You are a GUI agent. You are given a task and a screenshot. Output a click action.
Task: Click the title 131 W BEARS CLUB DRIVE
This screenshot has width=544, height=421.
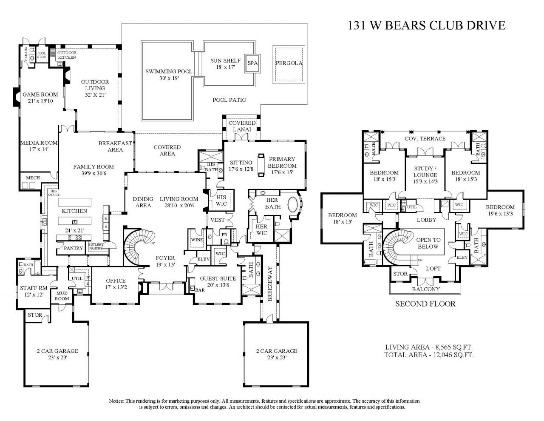pyautogui.click(x=427, y=25)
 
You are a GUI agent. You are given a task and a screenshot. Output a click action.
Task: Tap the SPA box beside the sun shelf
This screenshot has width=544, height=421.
pyautogui.click(x=253, y=63)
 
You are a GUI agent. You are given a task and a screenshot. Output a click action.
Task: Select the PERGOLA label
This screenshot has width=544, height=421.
pyautogui.click(x=289, y=63)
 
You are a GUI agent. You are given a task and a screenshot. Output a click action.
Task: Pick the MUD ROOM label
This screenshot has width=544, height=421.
pyautogui.click(x=62, y=296)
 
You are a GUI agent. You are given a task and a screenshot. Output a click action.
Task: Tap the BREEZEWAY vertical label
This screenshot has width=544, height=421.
pyautogui.click(x=269, y=284)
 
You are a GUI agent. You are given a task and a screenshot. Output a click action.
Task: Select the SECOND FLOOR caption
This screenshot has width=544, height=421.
pyautogui.click(x=425, y=304)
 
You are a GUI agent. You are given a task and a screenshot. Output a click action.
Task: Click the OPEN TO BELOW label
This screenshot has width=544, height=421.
pyautogui.click(x=428, y=243)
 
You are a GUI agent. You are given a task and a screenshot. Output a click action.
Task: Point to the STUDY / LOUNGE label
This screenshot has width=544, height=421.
pyautogui.click(x=425, y=175)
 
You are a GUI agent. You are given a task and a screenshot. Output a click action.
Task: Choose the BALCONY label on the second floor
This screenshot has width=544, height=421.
pyautogui.click(x=425, y=289)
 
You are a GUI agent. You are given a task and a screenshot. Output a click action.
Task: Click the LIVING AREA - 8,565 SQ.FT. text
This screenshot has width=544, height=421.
pyautogui.click(x=429, y=347)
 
